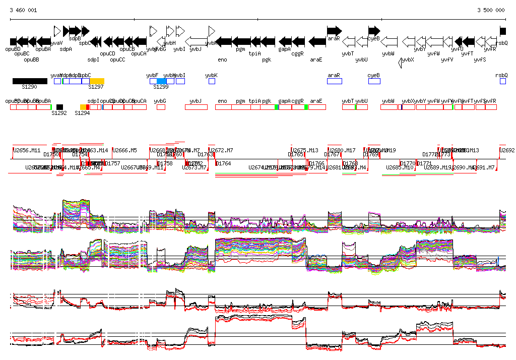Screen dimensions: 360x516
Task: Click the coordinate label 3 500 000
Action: [491, 10]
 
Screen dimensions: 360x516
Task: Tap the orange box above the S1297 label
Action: [97, 81]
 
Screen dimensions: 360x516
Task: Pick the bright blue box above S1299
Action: [161, 81]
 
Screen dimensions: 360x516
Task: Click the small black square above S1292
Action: [59, 107]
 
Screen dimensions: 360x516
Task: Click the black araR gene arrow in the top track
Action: [334, 31]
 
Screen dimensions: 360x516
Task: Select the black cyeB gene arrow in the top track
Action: [374, 31]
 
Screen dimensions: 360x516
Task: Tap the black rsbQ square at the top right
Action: [503, 31]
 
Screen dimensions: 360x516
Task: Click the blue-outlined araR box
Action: [334, 81]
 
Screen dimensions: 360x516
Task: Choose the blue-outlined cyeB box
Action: [374, 81]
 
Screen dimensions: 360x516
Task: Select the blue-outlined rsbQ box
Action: [503, 81]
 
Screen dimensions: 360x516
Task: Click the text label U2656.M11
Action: [27, 150]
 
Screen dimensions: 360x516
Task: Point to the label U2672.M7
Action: [222, 150]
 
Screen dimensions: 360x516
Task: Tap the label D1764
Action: [223, 163]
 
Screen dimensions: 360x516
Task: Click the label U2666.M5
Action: [124, 150]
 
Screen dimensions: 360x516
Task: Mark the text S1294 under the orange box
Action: [82, 113]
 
